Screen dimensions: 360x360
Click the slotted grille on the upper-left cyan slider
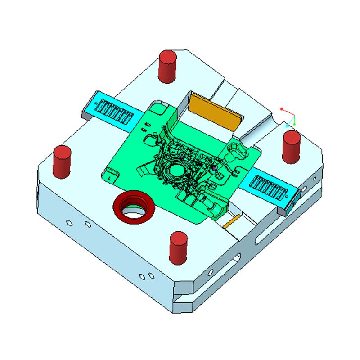pos(114,111)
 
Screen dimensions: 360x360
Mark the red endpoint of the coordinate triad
pos(282,109)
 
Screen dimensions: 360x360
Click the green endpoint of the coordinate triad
pos(294,124)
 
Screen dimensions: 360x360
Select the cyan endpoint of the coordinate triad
pos(288,126)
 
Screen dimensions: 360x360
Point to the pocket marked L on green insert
pos(111,175)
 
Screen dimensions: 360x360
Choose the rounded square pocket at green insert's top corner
pos(158,108)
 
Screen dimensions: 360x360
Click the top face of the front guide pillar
pos(178,237)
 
